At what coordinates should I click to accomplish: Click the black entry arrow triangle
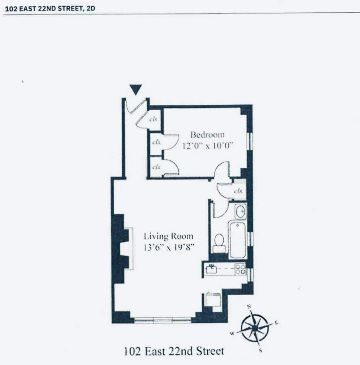[x=136, y=89]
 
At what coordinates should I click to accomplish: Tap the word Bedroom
[x=207, y=135]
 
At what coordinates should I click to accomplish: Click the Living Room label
[x=168, y=237]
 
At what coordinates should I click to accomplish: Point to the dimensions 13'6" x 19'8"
[x=168, y=248]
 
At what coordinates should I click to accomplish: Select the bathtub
[x=237, y=240]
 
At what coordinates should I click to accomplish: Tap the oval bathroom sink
[x=240, y=211]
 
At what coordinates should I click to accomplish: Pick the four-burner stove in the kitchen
[x=240, y=269]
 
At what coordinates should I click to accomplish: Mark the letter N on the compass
[x=249, y=306]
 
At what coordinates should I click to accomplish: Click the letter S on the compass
[x=261, y=350]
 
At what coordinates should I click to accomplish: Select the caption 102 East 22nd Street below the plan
[x=174, y=351]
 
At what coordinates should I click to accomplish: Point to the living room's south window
[x=162, y=320]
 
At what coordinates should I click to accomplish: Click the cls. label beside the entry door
[x=153, y=120]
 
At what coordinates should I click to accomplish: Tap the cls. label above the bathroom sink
[x=238, y=191]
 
